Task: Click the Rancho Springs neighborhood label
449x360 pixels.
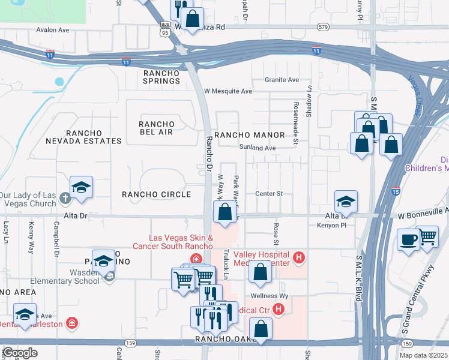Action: click(161, 77)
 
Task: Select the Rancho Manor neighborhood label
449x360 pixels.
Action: click(244, 135)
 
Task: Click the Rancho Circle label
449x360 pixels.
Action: click(156, 194)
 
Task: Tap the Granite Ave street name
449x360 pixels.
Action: click(282, 80)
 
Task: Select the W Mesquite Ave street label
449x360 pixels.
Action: click(228, 91)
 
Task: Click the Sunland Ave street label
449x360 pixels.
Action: click(257, 148)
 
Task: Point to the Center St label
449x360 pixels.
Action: click(268, 194)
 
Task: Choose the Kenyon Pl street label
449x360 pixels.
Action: click(328, 226)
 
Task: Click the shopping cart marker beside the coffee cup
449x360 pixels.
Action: click(427, 236)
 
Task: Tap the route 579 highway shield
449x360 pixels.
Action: click(324, 27)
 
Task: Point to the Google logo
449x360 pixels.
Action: click(20, 352)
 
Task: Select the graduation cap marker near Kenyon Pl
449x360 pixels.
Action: click(346, 202)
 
